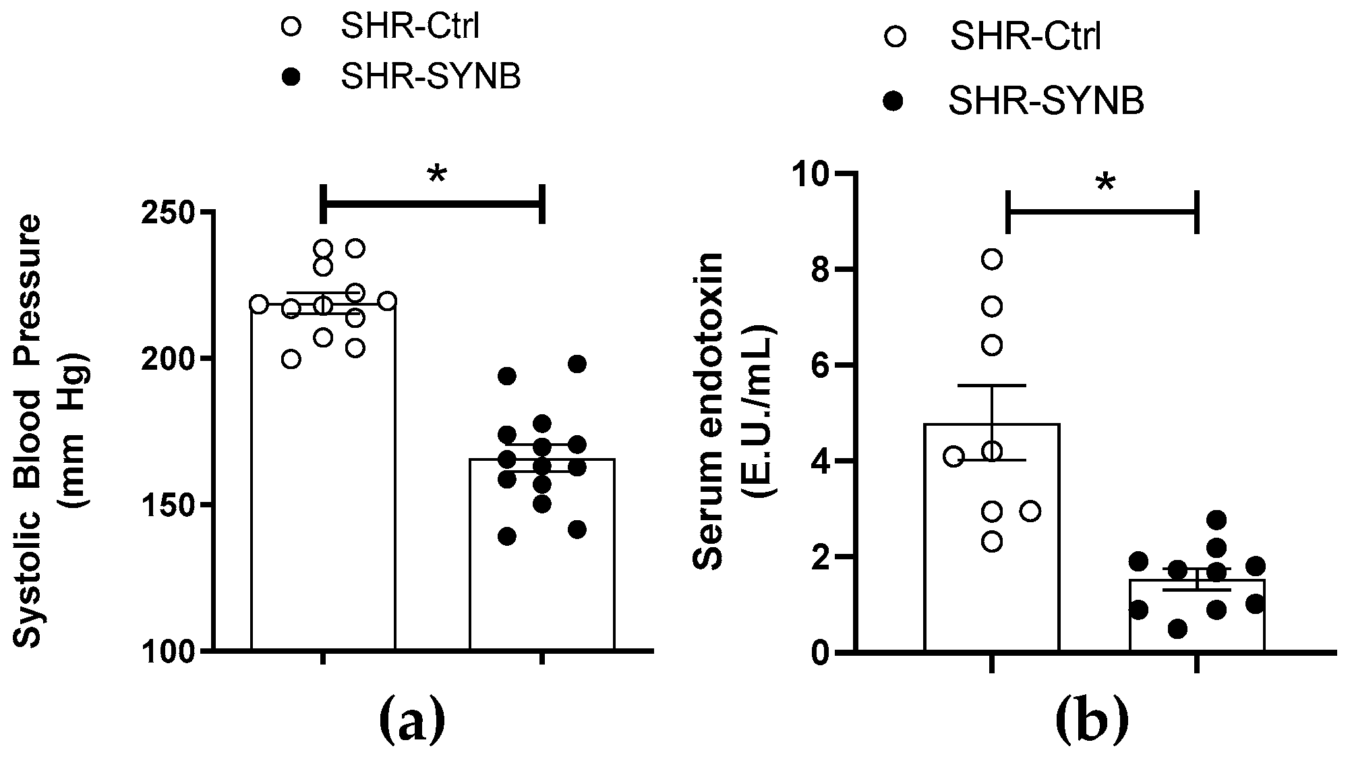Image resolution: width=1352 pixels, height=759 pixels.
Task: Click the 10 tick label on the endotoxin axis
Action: click(x=817, y=174)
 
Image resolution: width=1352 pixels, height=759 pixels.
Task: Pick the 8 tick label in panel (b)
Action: click(x=828, y=270)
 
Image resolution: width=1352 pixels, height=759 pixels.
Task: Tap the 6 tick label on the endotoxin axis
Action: click(x=828, y=366)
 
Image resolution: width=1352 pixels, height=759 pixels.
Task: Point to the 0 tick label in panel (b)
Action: click(x=828, y=653)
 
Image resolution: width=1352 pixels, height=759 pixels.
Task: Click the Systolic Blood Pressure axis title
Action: click(x=51, y=432)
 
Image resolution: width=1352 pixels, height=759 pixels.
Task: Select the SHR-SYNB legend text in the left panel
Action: click(x=431, y=77)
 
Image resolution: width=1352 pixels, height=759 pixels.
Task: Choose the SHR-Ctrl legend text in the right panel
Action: click(x=1026, y=37)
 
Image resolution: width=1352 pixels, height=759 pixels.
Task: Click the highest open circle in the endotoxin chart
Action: click(x=991, y=259)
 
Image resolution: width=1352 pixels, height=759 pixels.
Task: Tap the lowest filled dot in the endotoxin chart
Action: click(x=1177, y=629)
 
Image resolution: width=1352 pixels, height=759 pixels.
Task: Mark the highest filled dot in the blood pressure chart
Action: click(x=577, y=364)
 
